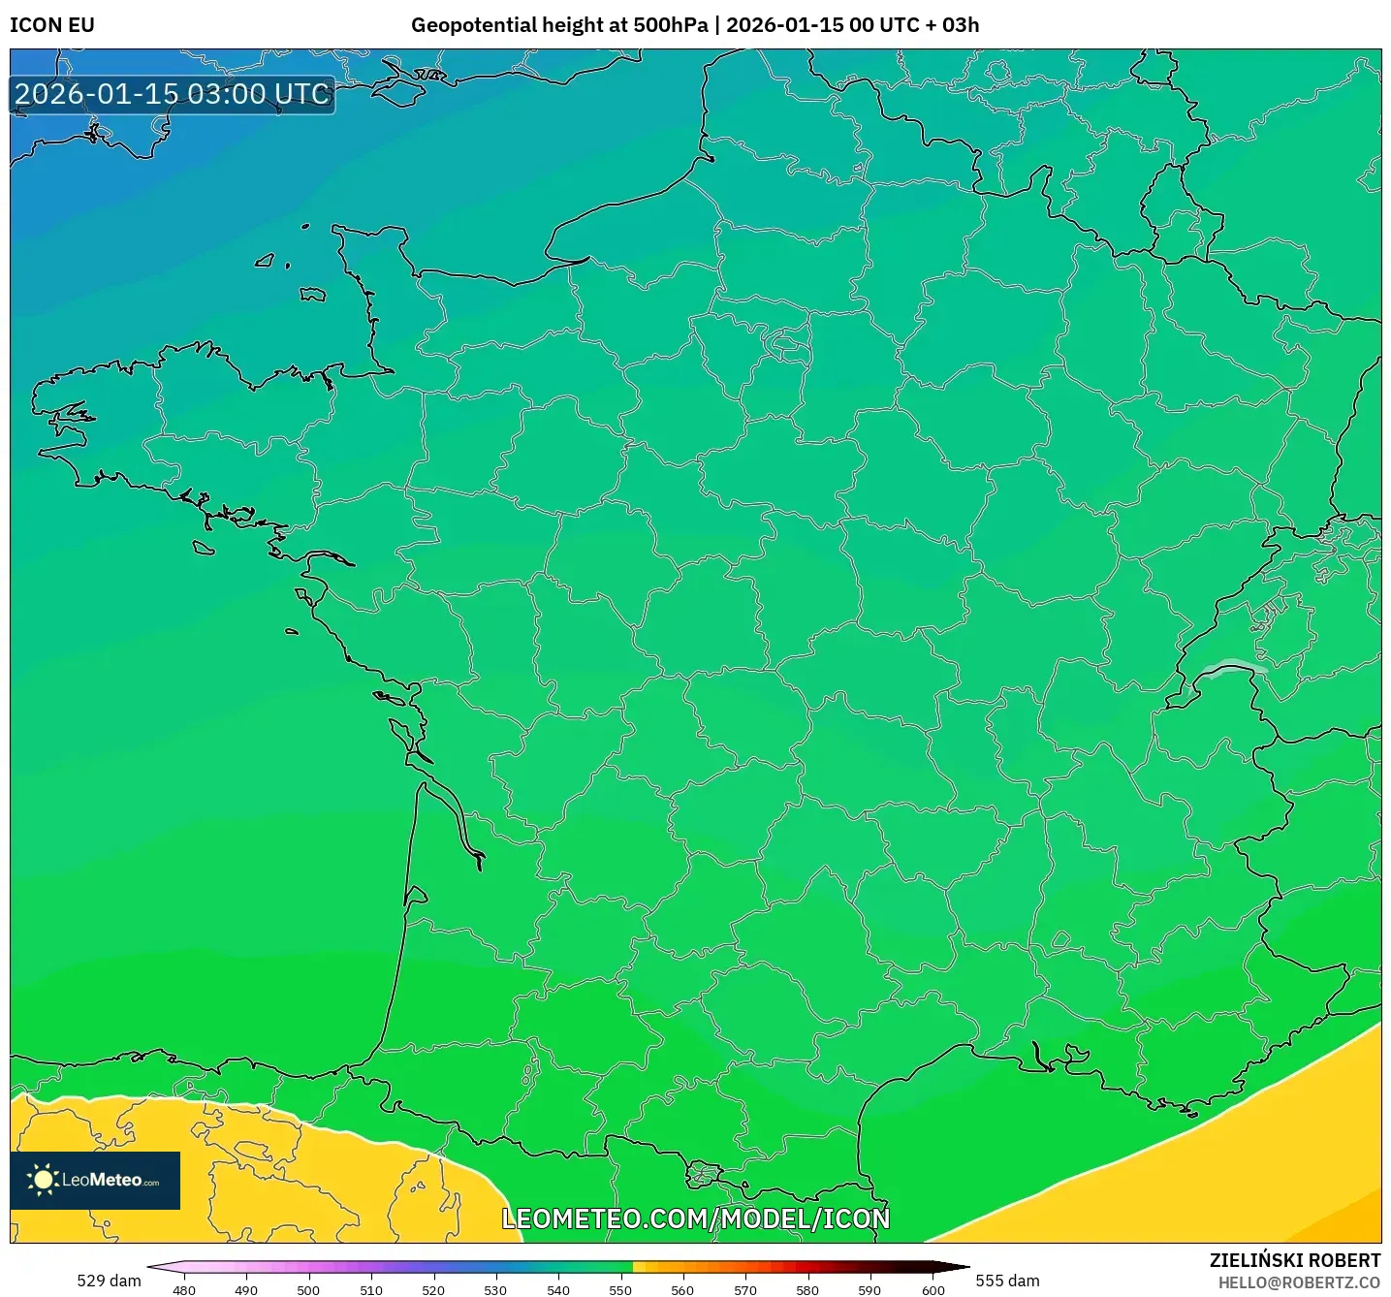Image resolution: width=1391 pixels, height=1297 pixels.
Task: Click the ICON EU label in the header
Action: pos(52,25)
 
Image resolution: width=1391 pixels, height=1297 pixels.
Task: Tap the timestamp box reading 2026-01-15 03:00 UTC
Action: pos(173,95)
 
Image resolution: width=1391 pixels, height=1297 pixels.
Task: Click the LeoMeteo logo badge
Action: pos(95,1180)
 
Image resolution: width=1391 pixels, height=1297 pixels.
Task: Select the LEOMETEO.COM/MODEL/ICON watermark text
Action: pos(695,1218)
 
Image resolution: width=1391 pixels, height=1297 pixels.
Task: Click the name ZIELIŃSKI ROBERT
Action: pos(1294,1260)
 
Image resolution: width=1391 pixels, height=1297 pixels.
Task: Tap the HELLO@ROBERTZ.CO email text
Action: pos(1299,1282)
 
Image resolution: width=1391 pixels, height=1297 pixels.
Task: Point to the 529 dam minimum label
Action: pos(109,1281)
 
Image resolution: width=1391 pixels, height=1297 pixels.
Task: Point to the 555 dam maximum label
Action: pos(1007,1281)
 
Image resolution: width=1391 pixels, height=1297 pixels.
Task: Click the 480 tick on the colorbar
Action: pos(184,1290)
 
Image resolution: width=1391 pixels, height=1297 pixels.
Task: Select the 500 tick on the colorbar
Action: pos(308,1290)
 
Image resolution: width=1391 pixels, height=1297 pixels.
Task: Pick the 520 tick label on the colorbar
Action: pos(433,1290)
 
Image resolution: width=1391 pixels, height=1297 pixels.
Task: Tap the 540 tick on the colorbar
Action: pos(558,1290)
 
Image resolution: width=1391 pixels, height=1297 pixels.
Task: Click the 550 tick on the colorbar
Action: pos(620,1290)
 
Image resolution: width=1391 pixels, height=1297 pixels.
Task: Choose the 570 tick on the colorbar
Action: pos(745,1290)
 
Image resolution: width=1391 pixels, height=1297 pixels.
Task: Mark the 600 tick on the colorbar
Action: pos(933,1290)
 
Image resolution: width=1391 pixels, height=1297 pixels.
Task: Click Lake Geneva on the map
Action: pos(1231,668)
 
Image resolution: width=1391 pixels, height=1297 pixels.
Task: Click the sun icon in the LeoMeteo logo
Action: pos(43,1180)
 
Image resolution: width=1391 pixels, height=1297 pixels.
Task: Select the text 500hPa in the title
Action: pos(670,25)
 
